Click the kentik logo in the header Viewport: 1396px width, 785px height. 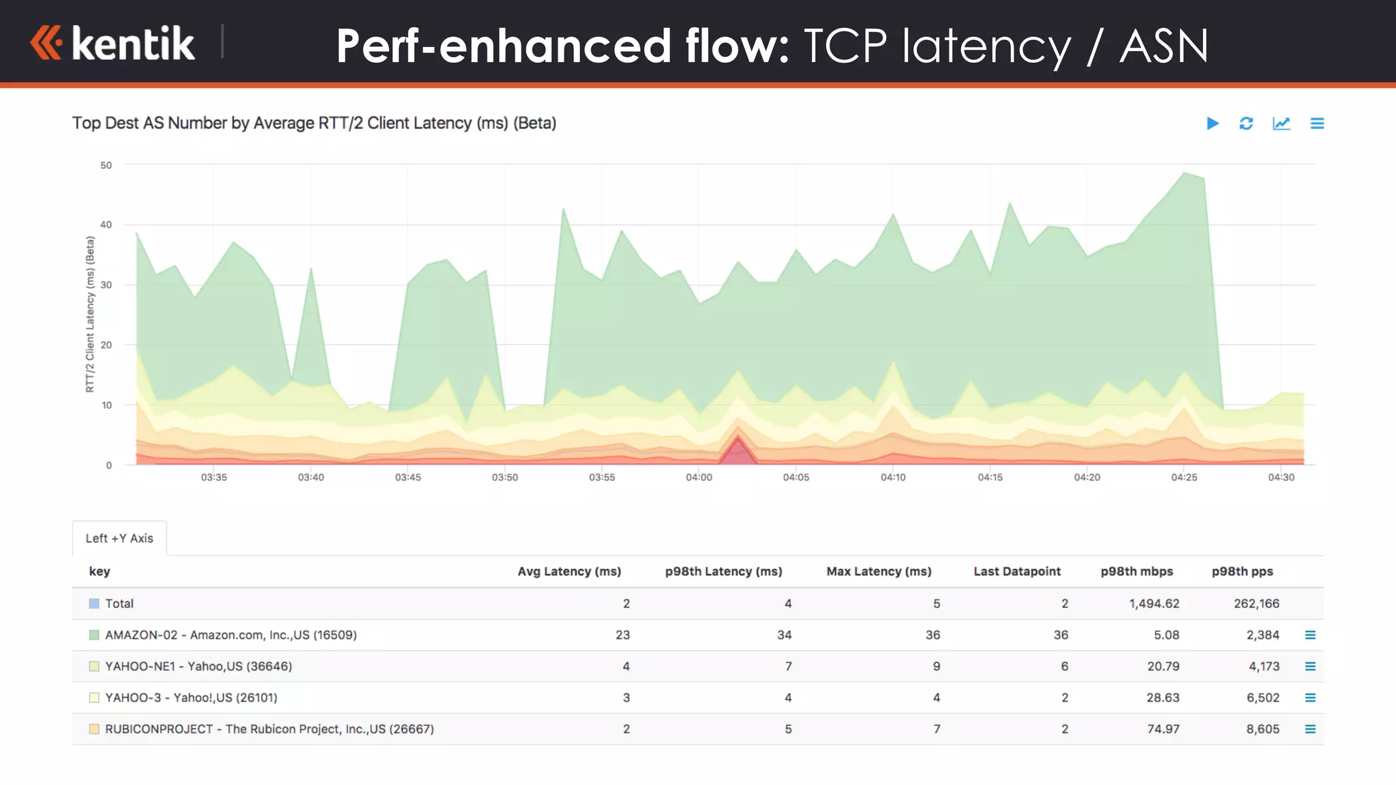[x=113, y=44]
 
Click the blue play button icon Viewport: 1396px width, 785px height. [x=1212, y=123]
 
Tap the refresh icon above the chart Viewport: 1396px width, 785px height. [x=1246, y=123]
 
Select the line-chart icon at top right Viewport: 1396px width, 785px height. [x=1281, y=123]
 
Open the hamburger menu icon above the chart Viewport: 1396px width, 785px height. [x=1317, y=123]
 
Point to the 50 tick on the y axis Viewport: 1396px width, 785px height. [x=106, y=166]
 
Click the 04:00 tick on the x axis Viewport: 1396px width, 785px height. [x=699, y=478]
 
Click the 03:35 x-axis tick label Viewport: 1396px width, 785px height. [x=214, y=478]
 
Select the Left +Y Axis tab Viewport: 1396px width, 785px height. [x=119, y=538]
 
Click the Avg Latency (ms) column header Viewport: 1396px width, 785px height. [x=569, y=572]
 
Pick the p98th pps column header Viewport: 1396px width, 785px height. [x=1242, y=572]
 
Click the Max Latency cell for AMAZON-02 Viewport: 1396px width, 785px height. [x=932, y=635]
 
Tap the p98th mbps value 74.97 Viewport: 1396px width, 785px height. [x=1163, y=729]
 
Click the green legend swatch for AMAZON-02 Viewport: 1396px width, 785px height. [x=94, y=635]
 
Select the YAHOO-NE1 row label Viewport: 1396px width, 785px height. [x=198, y=666]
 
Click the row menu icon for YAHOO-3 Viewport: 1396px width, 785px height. [x=1310, y=698]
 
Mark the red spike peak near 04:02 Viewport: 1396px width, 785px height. [x=738, y=439]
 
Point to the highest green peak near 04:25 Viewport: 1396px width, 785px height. [x=1185, y=172]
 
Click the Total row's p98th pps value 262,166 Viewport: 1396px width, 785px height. [x=1256, y=604]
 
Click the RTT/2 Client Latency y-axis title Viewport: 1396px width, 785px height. [x=90, y=314]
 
